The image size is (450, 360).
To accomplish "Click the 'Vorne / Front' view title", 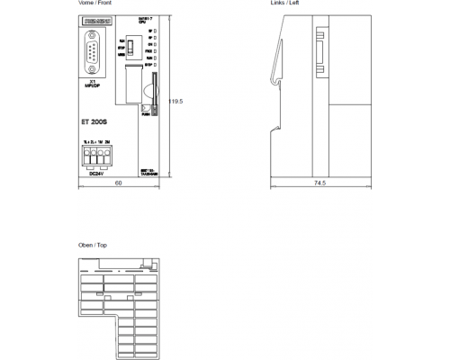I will click(95, 4).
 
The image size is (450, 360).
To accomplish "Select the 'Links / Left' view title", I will click(285, 4).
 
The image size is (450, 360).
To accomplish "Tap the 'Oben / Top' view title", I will click(94, 245).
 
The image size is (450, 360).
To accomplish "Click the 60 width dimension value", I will click(118, 183).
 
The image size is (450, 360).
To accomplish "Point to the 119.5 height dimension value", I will click(175, 102).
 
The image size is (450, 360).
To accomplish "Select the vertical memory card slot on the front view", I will click(152, 90).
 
